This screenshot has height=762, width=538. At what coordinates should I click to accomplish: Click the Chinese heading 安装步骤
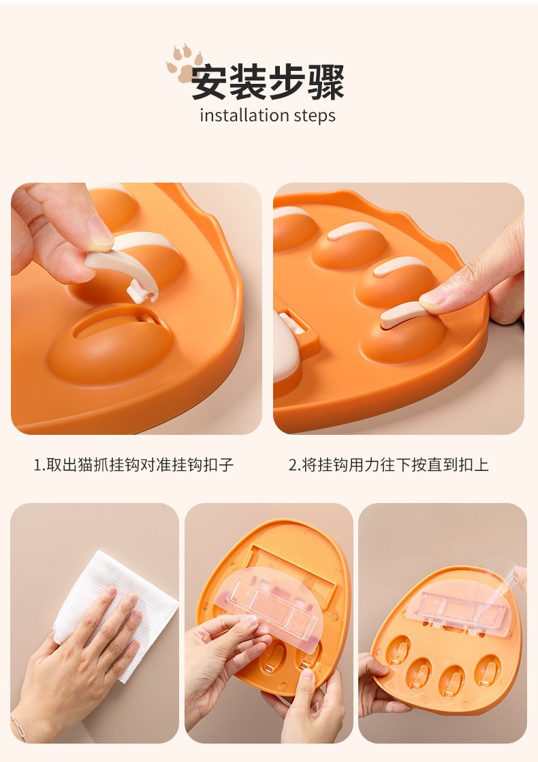(268, 82)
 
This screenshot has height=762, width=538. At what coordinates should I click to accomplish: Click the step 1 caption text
(133, 465)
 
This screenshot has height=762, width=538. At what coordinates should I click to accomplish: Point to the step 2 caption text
(388, 465)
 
